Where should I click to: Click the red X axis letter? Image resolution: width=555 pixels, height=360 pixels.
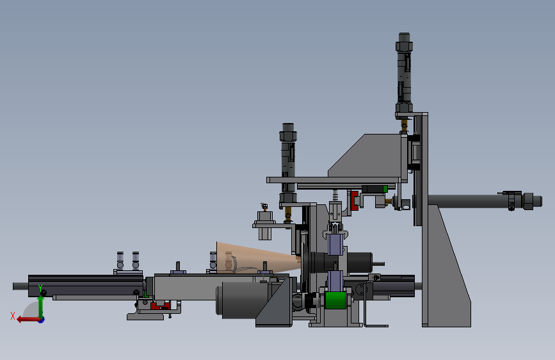pos(13,316)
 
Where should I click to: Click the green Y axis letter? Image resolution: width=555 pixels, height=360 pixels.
pos(40,288)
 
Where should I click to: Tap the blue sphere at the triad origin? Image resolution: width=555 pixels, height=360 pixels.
pos(42,320)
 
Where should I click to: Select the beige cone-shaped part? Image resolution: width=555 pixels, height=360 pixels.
pos(257,258)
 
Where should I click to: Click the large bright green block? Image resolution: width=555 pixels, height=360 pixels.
pos(335,300)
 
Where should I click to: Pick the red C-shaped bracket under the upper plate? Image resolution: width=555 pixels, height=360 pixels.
pos(354,200)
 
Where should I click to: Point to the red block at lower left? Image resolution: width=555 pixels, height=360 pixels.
pos(160,306)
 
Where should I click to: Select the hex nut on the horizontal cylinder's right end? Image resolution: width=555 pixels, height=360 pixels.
pos(527,201)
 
